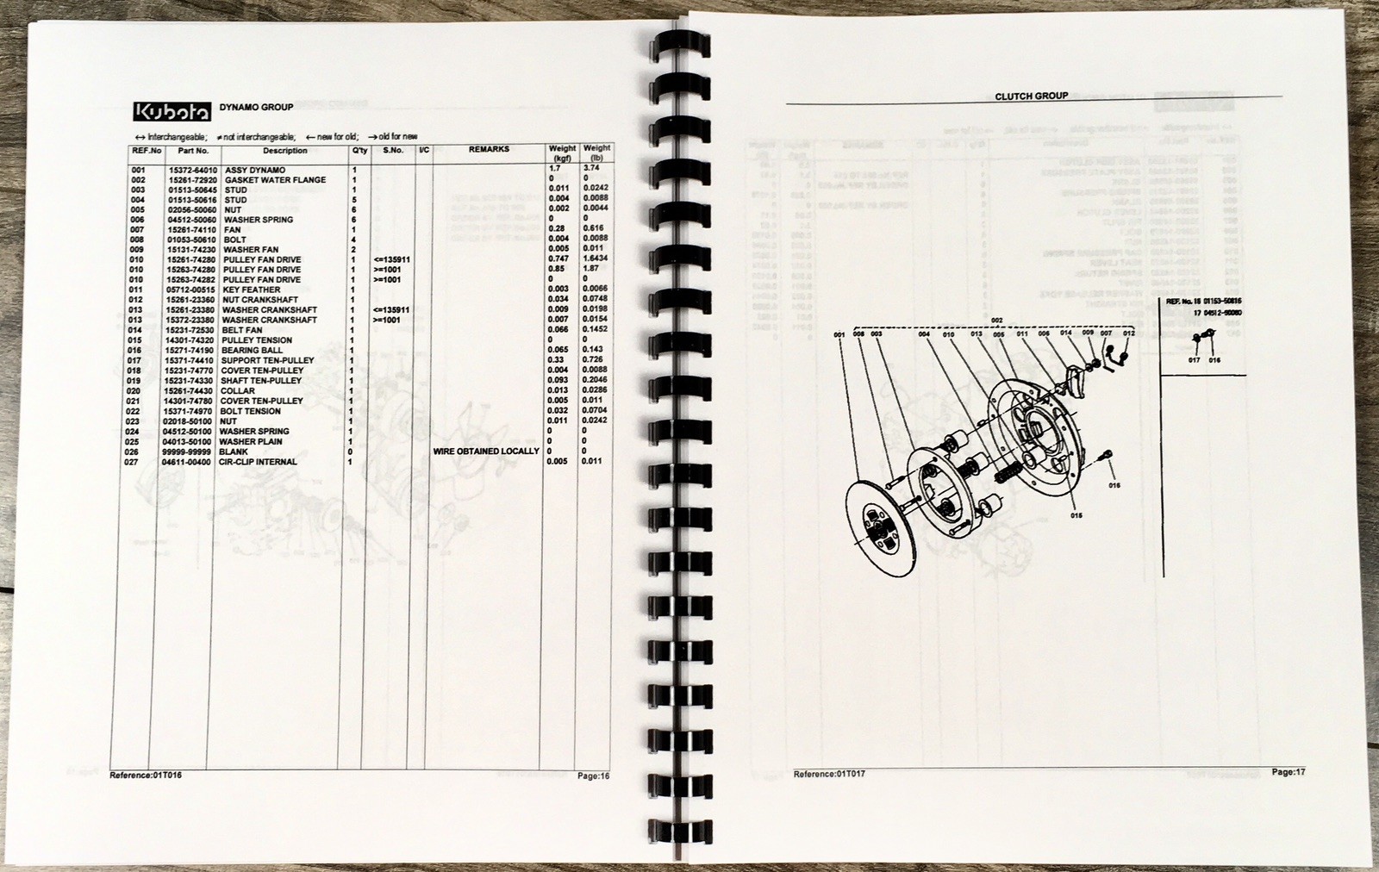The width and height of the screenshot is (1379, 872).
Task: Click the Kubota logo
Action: tap(169, 112)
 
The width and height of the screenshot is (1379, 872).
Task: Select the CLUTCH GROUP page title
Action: tap(1031, 97)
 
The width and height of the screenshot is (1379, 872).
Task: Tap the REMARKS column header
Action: tap(489, 150)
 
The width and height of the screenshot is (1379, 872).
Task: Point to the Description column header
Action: tap(284, 151)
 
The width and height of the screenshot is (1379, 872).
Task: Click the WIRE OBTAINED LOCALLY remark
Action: tap(486, 452)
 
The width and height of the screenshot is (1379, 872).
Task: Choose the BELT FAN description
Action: tap(242, 331)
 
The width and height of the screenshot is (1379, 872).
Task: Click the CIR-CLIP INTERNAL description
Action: tap(259, 462)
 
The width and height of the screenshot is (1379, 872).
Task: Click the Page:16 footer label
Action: tap(593, 776)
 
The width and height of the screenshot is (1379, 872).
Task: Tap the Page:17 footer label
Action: tap(1289, 772)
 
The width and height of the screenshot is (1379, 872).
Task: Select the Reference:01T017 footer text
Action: tap(829, 775)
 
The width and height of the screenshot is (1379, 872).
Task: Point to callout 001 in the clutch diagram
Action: tap(839, 334)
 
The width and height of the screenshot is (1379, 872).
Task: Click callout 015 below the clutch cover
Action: tap(1076, 517)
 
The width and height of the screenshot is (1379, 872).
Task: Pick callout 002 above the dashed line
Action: tap(997, 321)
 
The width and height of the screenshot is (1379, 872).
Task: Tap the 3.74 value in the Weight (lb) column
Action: tap(591, 171)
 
